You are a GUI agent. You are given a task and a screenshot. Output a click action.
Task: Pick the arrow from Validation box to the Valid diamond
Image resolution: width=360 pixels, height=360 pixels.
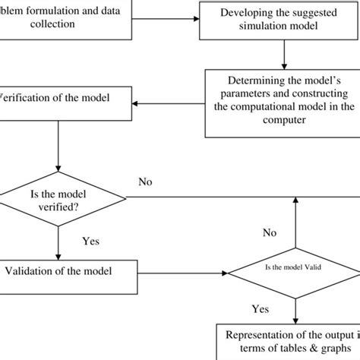(182, 271)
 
